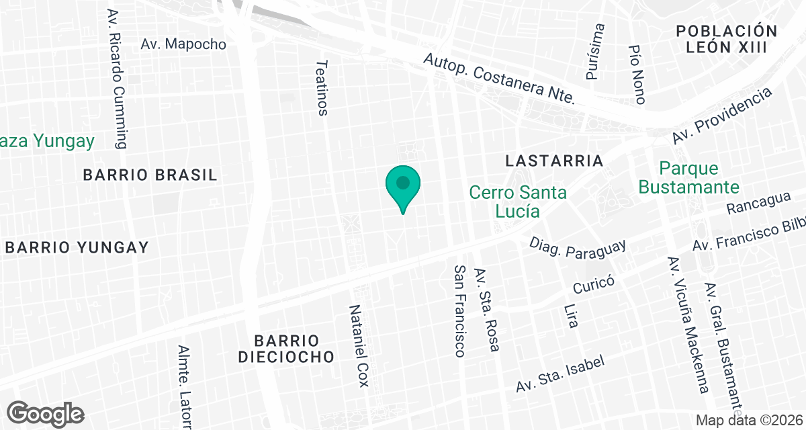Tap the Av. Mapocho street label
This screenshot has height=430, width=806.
pyautogui.click(x=183, y=44)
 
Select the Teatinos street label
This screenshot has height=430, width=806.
pyautogui.click(x=322, y=87)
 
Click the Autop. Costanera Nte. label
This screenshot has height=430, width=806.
pyautogui.click(x=500, y=79)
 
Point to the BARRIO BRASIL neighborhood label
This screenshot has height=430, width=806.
pyautogui.click(x=150, y=175)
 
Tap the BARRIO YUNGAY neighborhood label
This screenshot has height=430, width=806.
pyautogui.click(x=77, y=247)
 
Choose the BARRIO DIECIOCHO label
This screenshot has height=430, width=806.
pyautogui.click(x=286, y=348)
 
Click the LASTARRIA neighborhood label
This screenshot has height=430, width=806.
pyautogui.click(x=554, y=161)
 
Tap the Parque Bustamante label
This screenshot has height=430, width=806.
pyautogui.click(x=688, y=177)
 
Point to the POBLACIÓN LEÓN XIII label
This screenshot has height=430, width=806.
pyautogui.click(x=727, y=39)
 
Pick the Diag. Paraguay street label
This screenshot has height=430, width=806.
pyautogui.click(x=578, y=248)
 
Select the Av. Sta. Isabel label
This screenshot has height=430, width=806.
pyautogui.click(x=560, y=374)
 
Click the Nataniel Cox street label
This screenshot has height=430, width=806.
pyautogui.click(x=359, y=345)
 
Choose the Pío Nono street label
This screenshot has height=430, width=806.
pyautogui.click(x=637, y=75)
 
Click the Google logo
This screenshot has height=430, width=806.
pyautogui.click(x=46, y=413)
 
